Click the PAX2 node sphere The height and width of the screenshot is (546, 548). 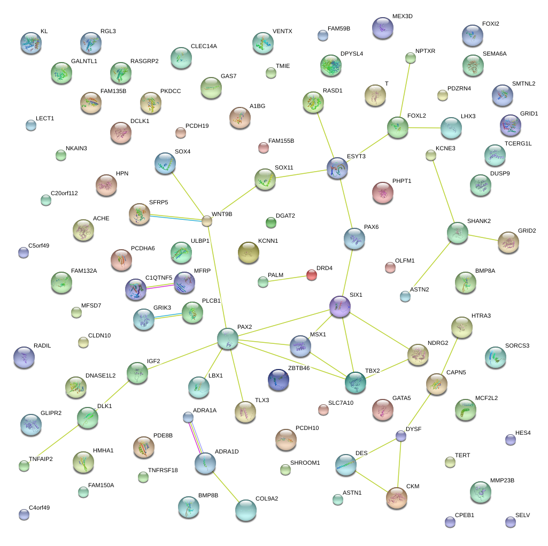(x=227, y=339)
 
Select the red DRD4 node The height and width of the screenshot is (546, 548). (x=312, y=275)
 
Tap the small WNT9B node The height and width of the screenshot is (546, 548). (x=207, y=220)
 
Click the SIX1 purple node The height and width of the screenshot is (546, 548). (x=339, y=306)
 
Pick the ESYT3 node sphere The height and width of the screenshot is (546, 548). (x=337, y=168)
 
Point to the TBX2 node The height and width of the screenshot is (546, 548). (x=356, y=381)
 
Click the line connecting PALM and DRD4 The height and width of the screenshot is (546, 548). (x=287, y=278)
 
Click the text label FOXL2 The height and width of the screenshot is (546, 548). (x=416, y=116)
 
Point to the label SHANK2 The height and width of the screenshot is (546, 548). (x=478, y=221)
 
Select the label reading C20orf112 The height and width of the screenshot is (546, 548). (x=64, y=193)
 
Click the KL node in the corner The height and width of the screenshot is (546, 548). (x=30, y=42)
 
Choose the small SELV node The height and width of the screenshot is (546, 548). (x=511, y=521)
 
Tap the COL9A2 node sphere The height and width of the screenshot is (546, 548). (x=245, y=510)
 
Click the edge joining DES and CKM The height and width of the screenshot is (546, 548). (x=372, y=481)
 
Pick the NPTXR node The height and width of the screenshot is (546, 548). (x=411, y=58)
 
